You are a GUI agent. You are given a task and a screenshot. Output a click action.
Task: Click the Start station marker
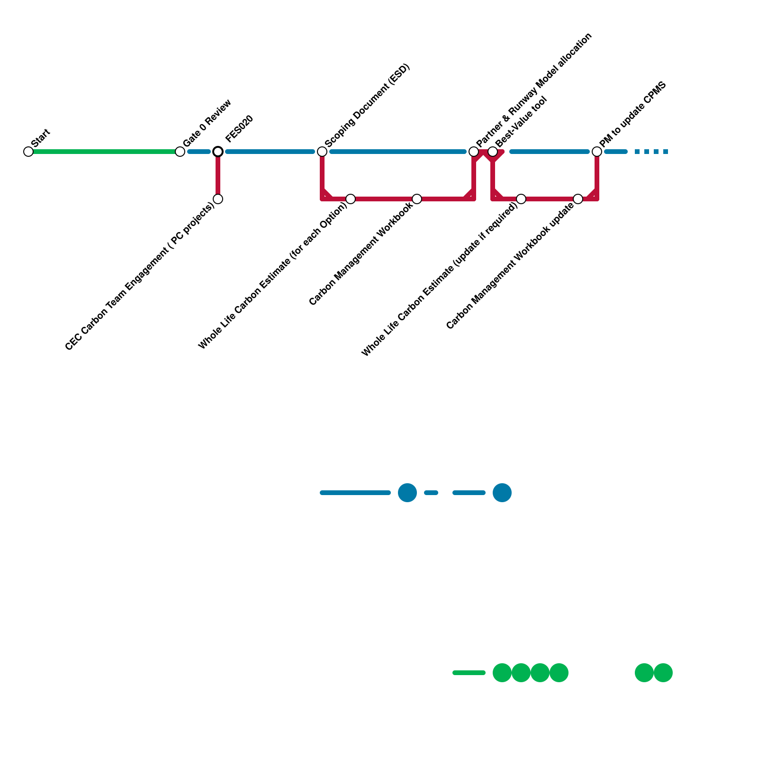click(28, 152)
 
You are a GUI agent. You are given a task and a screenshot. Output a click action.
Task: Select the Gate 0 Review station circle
click(180, 152)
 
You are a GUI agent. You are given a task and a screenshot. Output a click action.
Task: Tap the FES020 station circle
click(218, 152)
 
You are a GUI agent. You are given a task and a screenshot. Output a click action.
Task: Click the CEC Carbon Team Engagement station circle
click(218, 199)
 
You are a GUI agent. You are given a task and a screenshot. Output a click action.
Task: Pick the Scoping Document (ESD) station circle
click(322, 152)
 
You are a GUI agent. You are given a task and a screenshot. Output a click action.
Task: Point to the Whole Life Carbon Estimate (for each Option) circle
click(351, 199)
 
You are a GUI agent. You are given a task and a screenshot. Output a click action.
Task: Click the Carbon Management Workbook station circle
click(417, 199)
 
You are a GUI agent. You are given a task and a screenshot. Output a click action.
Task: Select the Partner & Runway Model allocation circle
click(474, 152)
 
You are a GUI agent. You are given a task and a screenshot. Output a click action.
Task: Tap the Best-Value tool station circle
click(493, 152)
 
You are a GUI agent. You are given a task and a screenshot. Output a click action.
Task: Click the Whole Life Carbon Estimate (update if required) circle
click(521, 199)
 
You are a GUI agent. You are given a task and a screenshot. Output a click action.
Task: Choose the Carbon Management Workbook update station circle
click(578, 199)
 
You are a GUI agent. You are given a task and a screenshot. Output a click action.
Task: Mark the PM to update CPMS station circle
click(597, 152)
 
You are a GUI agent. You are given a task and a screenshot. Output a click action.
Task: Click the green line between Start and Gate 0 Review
click(104, 152)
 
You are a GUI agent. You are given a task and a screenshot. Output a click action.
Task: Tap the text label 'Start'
click(41, 138)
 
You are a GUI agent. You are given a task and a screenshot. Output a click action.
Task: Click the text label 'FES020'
click(240, 129)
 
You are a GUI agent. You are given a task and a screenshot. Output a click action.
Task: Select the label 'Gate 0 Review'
click(207, 123)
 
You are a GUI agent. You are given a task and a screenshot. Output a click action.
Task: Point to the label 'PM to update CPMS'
click(633, 115)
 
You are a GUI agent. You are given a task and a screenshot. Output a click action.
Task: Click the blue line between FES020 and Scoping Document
click(270, 152)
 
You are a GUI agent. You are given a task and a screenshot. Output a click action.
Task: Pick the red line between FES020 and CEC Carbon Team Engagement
click(218, 175)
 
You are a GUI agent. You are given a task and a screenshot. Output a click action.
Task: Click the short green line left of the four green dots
click(469, 673)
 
